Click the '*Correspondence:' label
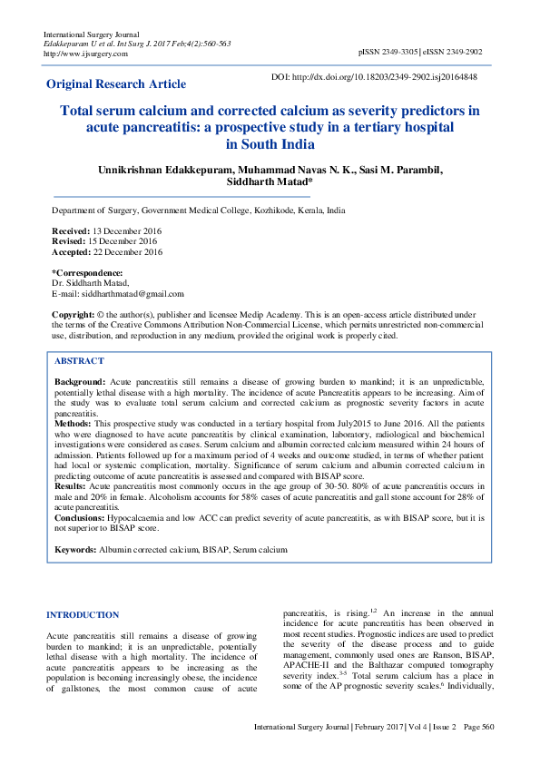pos(87,273)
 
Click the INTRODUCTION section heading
pos(83,614)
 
